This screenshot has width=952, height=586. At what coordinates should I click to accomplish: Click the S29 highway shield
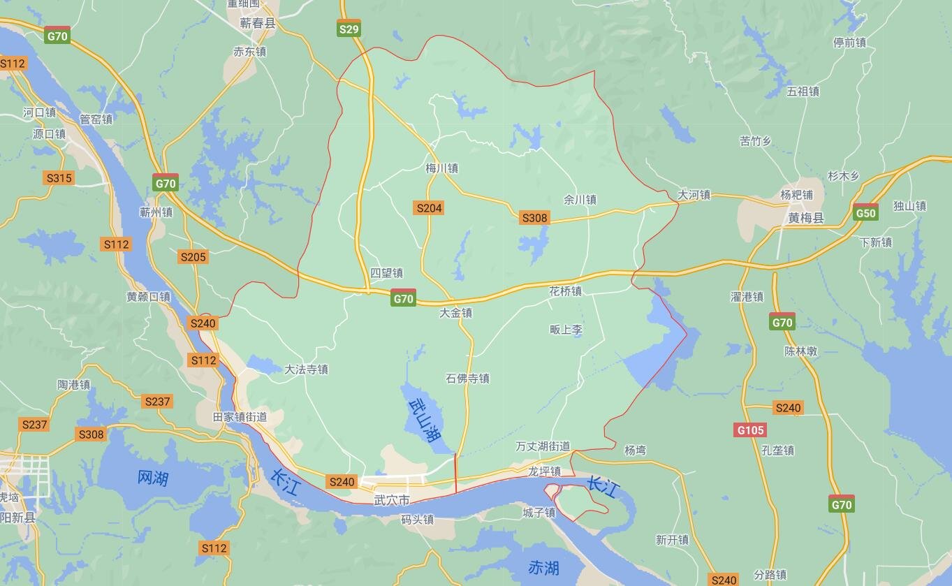pos(349,29)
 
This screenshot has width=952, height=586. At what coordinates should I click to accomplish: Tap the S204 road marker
pos(429,207)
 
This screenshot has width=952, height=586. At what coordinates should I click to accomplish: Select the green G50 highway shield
pos(865,213)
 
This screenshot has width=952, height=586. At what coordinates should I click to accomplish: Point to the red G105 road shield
pos(750,430)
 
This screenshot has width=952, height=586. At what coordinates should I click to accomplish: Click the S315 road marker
pos(59,177)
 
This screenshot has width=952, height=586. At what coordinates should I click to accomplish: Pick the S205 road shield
pos(193,256)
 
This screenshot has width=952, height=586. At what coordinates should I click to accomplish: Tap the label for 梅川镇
pos(441,168)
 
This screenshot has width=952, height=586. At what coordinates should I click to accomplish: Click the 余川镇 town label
pos(580,200)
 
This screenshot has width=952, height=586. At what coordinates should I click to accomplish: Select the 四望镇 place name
pos(386,273)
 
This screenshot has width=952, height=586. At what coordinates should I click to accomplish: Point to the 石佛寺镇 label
pos(467,379)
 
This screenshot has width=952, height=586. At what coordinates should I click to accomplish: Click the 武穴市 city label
pos(391,500)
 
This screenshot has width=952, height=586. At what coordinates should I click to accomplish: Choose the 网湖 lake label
pos(152,478)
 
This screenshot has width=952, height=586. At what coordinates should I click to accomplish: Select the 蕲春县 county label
pos(258,23)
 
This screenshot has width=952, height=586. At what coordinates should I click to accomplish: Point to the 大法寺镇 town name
pos(306,369)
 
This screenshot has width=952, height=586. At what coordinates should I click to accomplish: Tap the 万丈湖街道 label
pos(543,446)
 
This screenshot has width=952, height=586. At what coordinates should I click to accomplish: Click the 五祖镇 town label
pos(803,91)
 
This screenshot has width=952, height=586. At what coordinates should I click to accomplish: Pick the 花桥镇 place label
pos(565,291)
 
